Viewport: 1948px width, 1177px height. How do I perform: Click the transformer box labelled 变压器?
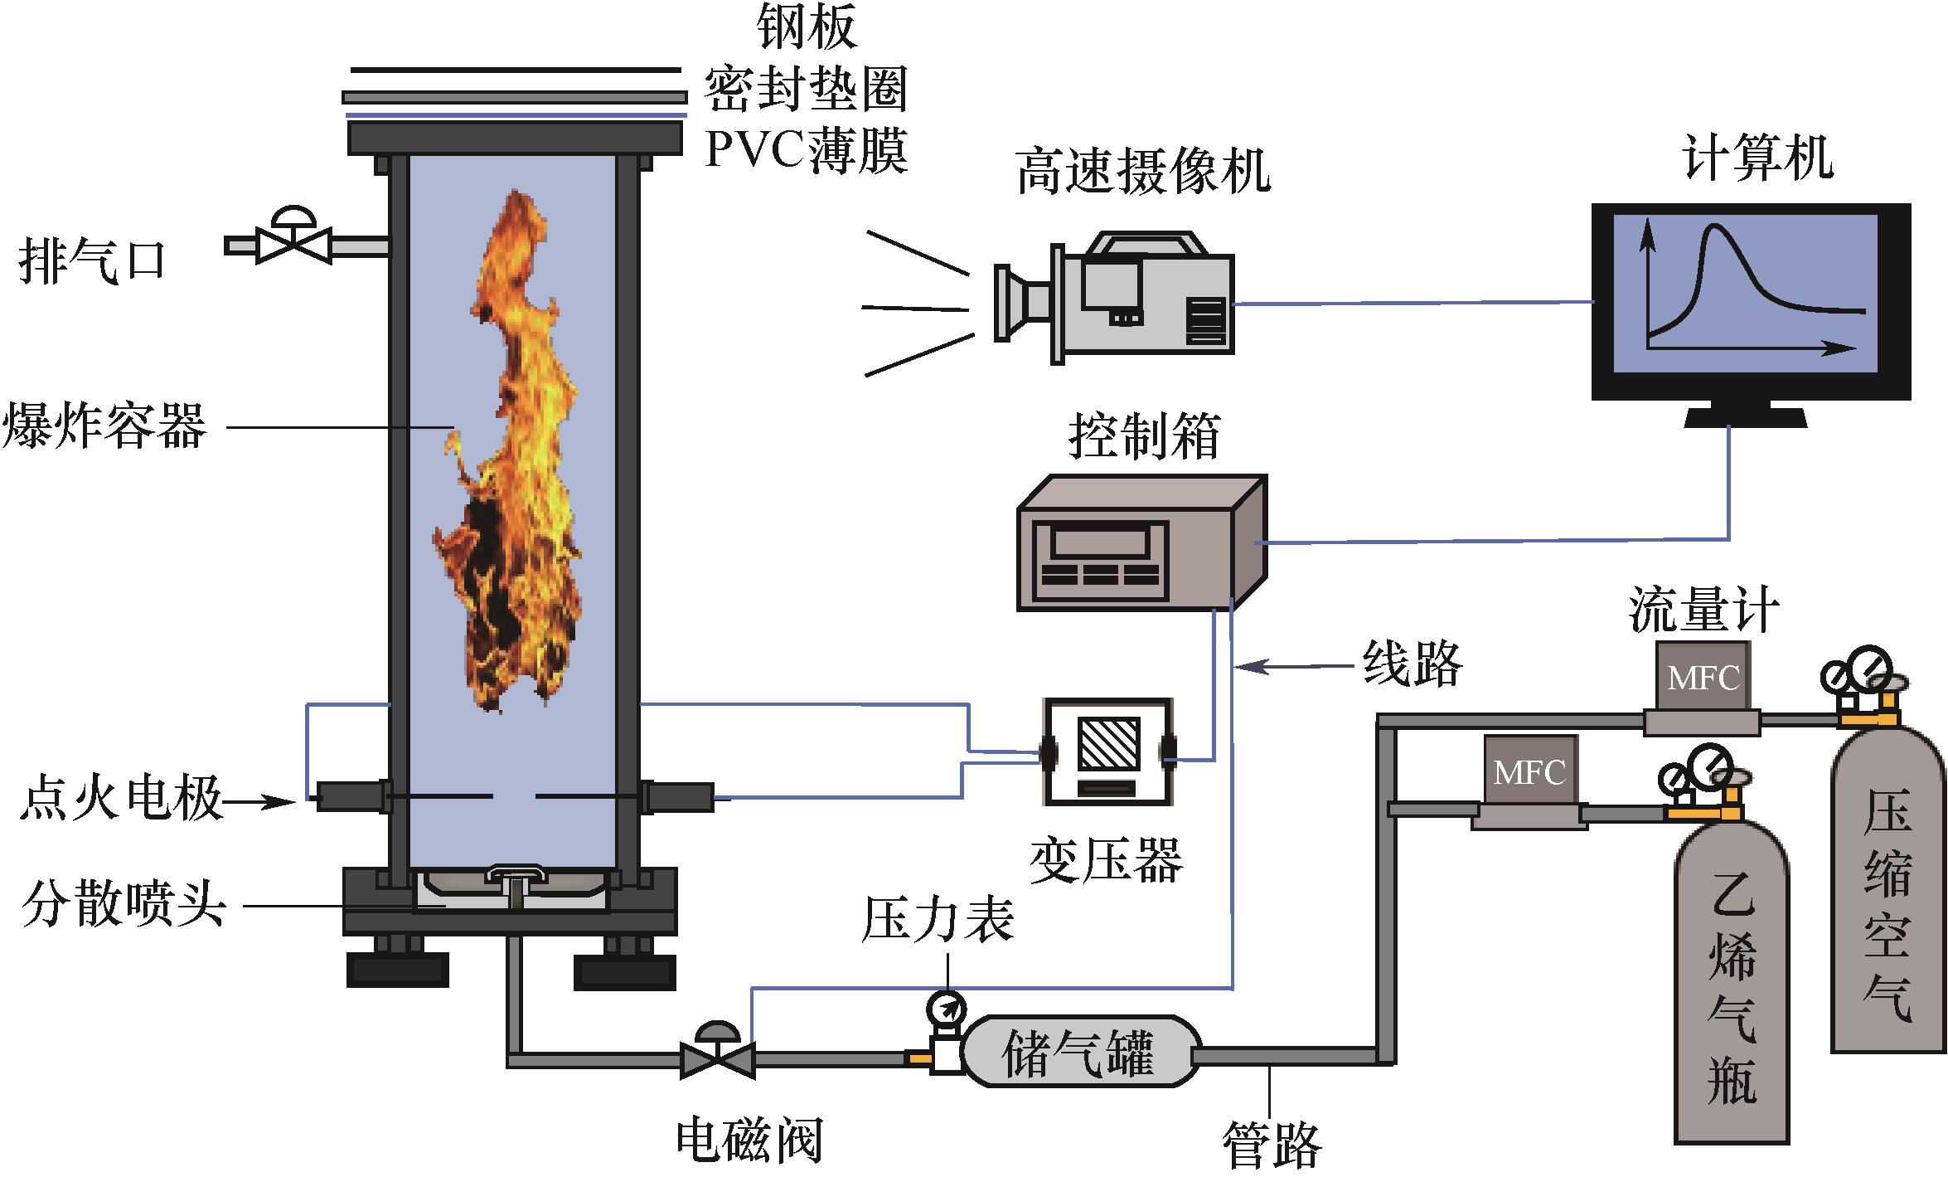tap(1107, 751)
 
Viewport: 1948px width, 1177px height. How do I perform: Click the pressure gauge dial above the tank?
tap(946, 1008)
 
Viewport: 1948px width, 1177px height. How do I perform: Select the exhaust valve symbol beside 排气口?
tap(294, 241)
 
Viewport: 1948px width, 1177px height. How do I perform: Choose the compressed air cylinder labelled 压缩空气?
tap(1887, 896)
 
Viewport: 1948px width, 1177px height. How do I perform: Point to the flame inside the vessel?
tap(514, 448)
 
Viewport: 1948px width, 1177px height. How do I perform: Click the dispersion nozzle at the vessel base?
tap(515, 888)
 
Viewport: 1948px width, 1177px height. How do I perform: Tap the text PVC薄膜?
tap(806, 149)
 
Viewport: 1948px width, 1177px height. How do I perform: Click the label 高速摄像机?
tap(1143, 172)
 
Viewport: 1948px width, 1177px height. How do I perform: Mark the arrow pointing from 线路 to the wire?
tap(1293, 665)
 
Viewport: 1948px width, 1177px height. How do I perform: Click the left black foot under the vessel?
tap(397, 969)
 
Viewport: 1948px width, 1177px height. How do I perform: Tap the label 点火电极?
tap(121, 800)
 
